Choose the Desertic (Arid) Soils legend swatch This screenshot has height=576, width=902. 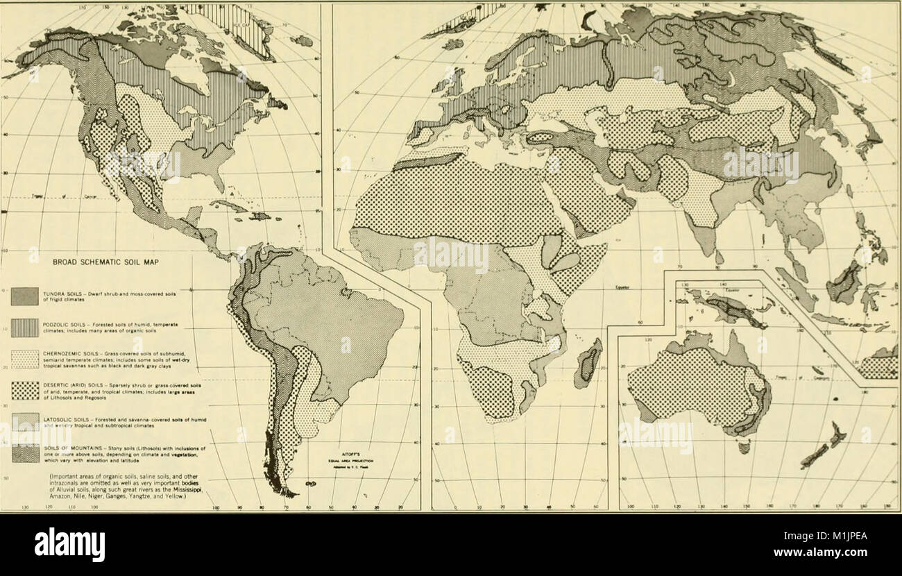tap(24, 391)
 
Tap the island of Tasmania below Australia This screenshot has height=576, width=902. tap(744, 448)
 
